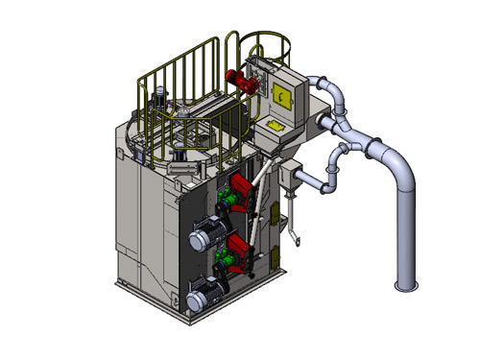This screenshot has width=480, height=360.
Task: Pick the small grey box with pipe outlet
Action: pyautogui.click(x=287, y=177)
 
